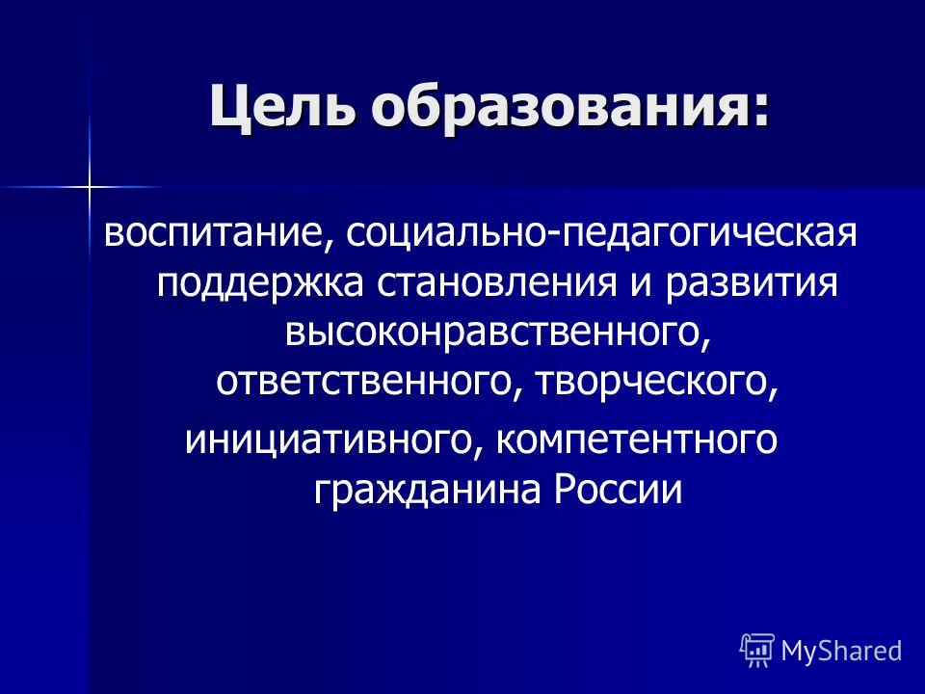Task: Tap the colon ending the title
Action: pos(761,108)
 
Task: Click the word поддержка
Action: pos(253,286)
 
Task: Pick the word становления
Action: pos(459,286)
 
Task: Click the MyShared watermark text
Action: pos(841,651)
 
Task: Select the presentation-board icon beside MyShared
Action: pos(757,650)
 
